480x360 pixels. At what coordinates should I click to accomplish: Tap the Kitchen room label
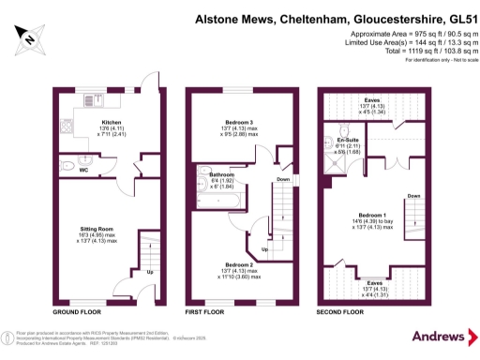112,122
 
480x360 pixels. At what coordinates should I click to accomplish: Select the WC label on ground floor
83,171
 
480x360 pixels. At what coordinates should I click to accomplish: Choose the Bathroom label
221,174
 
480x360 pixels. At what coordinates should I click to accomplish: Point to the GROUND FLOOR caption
76,310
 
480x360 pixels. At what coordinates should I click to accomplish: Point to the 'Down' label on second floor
413,196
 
